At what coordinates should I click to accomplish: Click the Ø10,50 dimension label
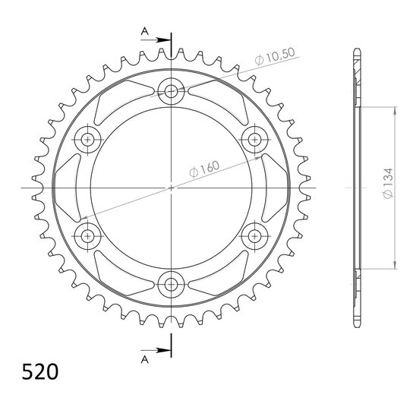275,56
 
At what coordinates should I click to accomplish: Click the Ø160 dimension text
204,169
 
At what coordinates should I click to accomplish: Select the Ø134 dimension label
388,183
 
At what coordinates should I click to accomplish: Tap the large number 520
39,371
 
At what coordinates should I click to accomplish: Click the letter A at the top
144,31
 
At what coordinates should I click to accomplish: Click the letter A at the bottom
144,360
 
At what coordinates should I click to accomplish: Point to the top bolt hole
171,92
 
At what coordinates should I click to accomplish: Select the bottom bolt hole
171,284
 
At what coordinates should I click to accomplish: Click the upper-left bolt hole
87,140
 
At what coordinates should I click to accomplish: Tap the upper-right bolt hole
254,140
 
